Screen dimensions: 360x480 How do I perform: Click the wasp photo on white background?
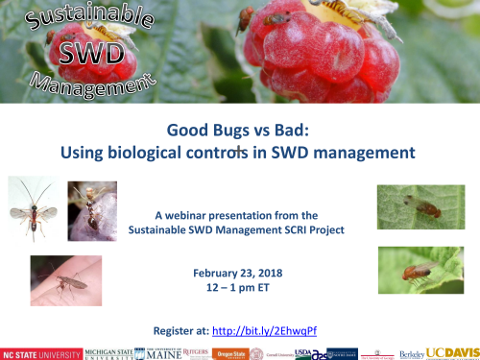pyautogui.click(x=33, y=209)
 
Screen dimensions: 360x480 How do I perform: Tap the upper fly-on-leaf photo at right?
pyautogui.click(x=420, y=207)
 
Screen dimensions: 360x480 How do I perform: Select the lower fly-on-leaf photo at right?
pyautogui.click(x=420, y=271)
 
